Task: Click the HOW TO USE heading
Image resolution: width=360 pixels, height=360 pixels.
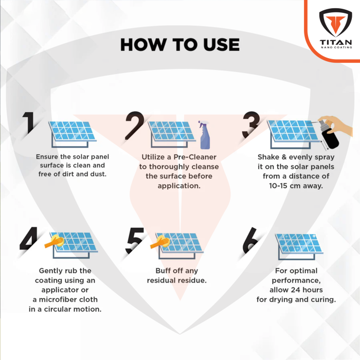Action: pos(179,45)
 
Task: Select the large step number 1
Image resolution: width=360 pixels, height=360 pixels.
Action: pos(30,123)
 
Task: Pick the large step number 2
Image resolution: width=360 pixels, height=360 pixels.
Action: pos(135,126)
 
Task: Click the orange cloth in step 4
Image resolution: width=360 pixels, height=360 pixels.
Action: pos(53,241)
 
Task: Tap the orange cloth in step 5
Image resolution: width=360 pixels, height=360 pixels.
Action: pos(160,241)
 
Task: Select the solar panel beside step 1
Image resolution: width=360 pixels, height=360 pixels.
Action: pos(71,133)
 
